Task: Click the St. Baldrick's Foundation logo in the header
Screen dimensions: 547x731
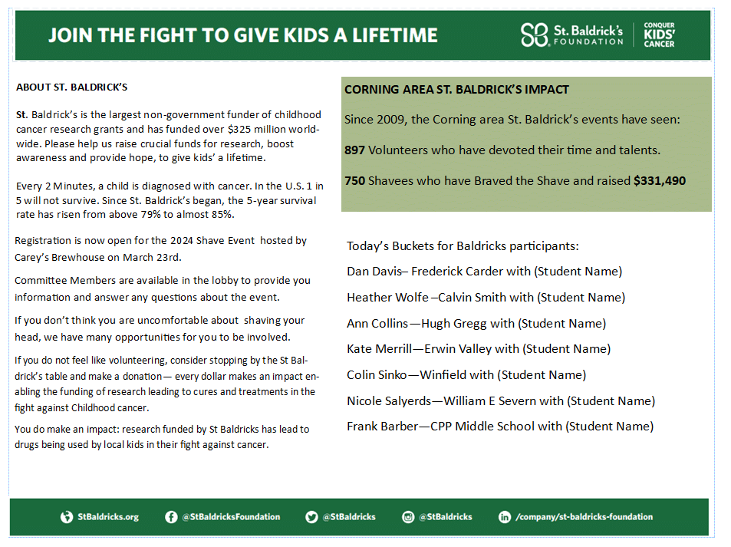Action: [571, 35]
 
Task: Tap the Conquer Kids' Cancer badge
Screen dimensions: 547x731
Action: [659, 35]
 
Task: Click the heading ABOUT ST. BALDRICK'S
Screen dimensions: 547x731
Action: [71, 87]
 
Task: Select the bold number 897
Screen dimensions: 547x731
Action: [354, 150]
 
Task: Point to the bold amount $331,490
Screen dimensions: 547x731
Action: [660, 181]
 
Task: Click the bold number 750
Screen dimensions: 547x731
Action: [354, 181]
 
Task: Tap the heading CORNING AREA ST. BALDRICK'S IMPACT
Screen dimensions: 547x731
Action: [456, 90]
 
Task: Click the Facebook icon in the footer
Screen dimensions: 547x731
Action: [171, 517]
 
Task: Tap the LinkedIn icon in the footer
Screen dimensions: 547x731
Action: [505, 517]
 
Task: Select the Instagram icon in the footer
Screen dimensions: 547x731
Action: [408, 517]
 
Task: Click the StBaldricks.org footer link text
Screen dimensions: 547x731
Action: [108, 517]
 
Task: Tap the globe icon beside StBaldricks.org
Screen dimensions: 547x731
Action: [67, 517]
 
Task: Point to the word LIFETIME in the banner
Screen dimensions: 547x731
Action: [390, 35]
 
